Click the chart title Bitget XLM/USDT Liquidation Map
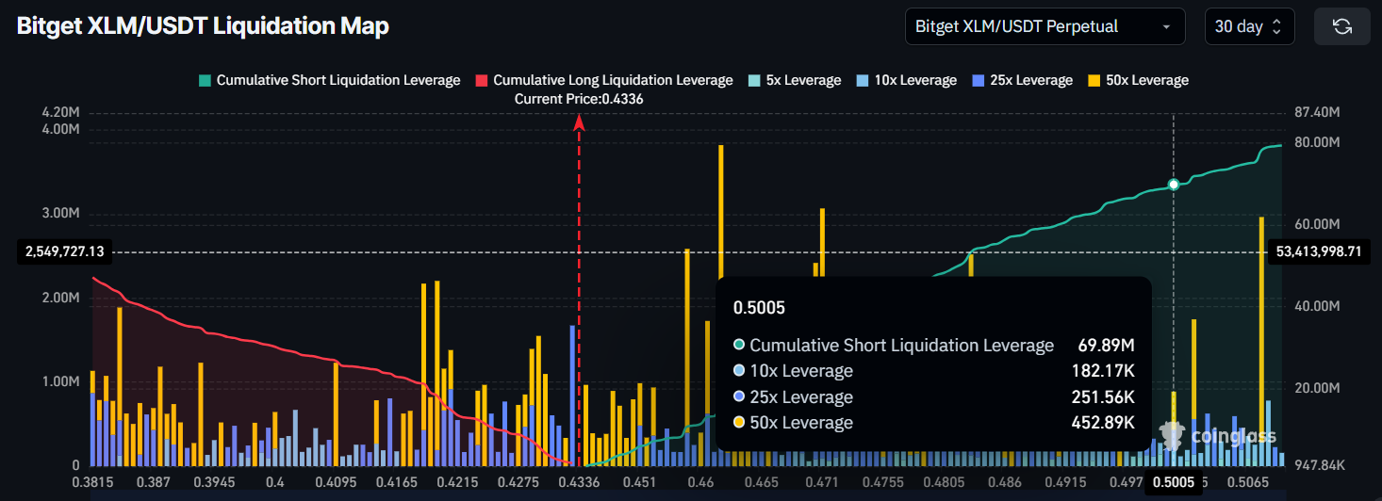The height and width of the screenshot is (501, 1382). pos(203,26)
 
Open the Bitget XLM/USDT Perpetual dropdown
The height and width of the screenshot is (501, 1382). pos(1045,26)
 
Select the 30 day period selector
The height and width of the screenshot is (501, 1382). pos(1249,26)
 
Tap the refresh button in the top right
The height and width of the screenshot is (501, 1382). pos(1341,26)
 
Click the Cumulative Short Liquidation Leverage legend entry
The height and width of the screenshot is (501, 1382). pos(329,80)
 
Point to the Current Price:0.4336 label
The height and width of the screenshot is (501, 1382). pos(579,99)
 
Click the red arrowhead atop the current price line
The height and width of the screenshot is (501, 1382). pos(579,121)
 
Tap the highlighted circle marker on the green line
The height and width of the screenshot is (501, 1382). pos(1174,185)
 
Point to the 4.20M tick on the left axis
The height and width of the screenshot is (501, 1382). pos(60,112)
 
